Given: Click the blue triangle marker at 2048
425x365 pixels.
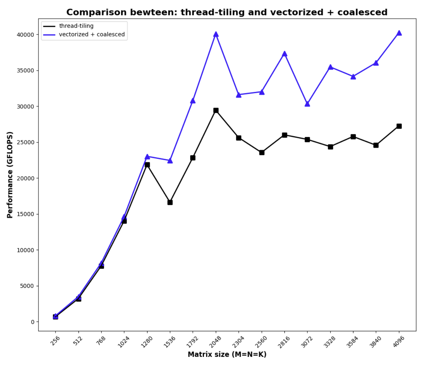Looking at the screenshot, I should pyautogui.click(x=216, y=34).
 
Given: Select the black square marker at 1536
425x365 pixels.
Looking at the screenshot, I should pyautogui.click(x=170, y=202).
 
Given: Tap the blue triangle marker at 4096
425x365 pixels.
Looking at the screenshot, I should pyautogui.click(x=399, y=33).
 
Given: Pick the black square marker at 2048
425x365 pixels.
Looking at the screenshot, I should pyautogui.click(x=216, y=111).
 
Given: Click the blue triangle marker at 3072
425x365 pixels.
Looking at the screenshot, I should pyautogui.click(x=307, y=104).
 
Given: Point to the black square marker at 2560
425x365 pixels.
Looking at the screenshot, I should pyautogui.click(x=262, y=152).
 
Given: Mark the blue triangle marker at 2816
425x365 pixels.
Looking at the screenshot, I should pyautogui.click(x=284, y=54).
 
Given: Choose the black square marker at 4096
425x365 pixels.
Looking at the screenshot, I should pyautogui.click(x=399, y=126).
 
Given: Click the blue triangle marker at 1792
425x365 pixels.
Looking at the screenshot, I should pyautogui.click(x=193, y=100).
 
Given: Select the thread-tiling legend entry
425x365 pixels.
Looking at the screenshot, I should pyautogui.click(x=76, y=26).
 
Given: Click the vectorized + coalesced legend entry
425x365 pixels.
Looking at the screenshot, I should pyautogui.click(x=92, y=34).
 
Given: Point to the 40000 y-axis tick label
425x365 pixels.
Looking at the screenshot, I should pyautogui.click(x=26, y=35).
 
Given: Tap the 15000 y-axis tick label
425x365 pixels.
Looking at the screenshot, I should pyautogui.click(x=26, y=214).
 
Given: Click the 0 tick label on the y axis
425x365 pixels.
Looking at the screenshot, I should pyautogui.click(x=33, y=322).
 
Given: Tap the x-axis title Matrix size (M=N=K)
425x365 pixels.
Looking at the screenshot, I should pyautogui.click(x=227, y=354).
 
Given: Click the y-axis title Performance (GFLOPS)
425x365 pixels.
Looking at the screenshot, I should pyautogui.click(x=10, y=175).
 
